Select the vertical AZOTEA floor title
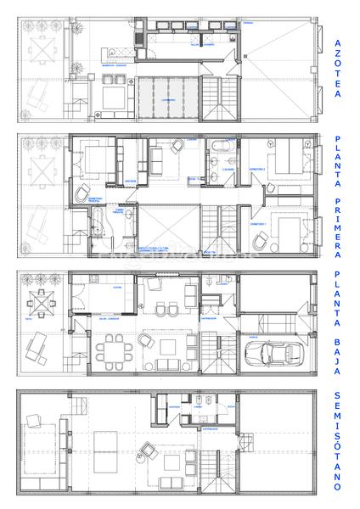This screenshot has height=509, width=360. click(x=338, y=68)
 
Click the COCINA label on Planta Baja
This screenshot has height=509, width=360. click(x=118, y=289)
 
